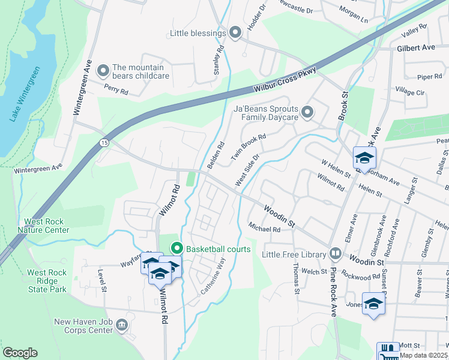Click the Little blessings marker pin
(235, 33)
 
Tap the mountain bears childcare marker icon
(103, 71)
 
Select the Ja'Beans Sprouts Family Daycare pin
(307, 112)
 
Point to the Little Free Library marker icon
(334, 254)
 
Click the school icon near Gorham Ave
(364, 158)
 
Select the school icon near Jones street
(373, 304)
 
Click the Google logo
(20, 353)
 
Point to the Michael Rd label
(264, 229)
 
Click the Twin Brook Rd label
(248, 146)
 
